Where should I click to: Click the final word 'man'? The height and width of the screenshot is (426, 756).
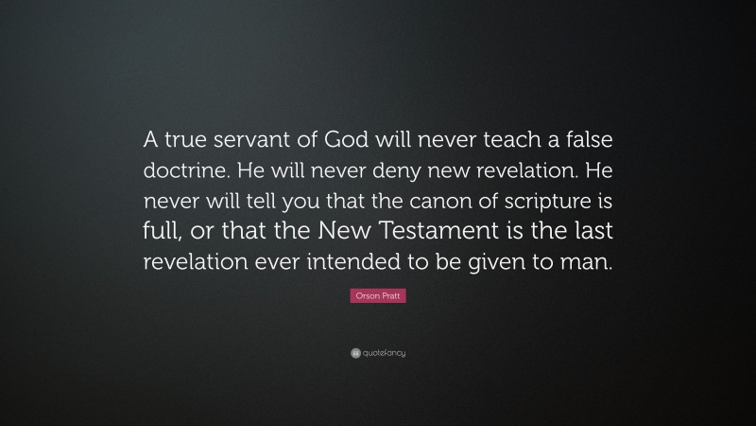[591, 263]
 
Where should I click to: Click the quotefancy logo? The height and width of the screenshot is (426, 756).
[378, 353]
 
